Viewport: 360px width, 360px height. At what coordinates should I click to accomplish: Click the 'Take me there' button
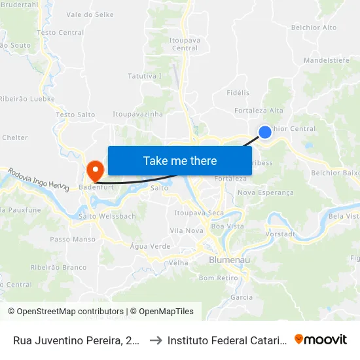(180, 161)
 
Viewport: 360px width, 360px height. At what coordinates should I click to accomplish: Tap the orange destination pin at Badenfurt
(95, 171)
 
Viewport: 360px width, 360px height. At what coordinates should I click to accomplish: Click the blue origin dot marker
(265, 132)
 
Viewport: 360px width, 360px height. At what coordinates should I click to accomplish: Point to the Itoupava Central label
(183, 44)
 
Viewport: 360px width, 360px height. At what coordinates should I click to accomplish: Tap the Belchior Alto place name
(314, 27)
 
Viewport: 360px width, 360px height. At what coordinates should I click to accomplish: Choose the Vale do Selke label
(90, 14)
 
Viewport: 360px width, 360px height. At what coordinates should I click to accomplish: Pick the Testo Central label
(61, 32)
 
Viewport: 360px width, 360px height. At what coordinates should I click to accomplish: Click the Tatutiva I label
(145, 76)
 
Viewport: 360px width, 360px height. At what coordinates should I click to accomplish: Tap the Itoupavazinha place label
(137, 114)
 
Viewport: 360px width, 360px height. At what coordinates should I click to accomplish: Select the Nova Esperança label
(266, 192)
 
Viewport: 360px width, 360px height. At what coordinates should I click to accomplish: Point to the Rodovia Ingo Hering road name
(39, 179)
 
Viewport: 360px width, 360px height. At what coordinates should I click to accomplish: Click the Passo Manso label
(69, 240)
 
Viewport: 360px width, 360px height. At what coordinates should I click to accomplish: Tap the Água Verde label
(150, 246)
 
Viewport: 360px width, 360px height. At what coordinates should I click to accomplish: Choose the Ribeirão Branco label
(58, 267)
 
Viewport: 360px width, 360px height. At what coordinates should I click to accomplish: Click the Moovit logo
(320, 339)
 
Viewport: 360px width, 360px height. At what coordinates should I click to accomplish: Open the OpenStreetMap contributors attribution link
(66, 312)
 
